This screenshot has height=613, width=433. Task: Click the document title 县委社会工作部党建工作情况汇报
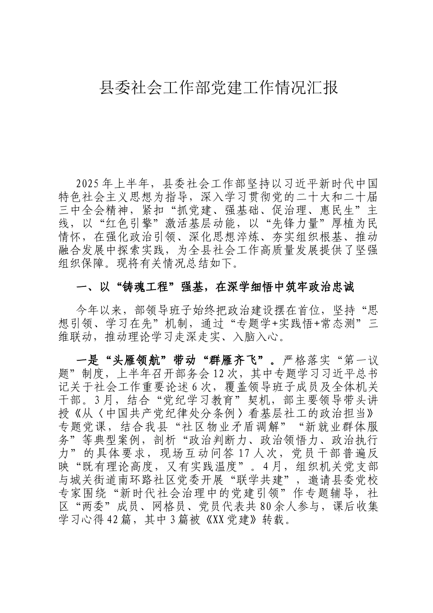tap(219, 87)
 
